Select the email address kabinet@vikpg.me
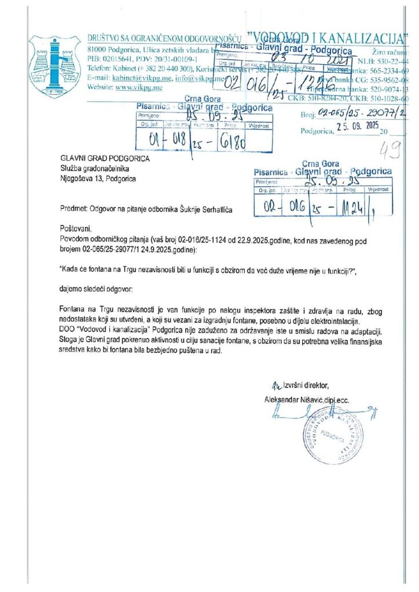(x=134, y=77)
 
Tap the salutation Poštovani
(x=75, y=228)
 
